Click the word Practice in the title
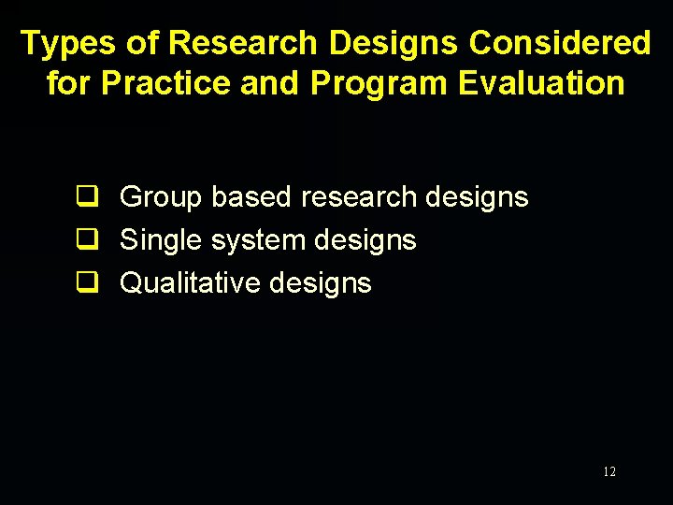coord(166,83)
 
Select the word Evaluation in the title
coord(541,83)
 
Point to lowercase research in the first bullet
coord(361,197)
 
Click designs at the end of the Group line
coord(477,197)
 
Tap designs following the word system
coord(365,240)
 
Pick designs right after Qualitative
coord(320,282)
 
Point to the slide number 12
coord(609,472)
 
